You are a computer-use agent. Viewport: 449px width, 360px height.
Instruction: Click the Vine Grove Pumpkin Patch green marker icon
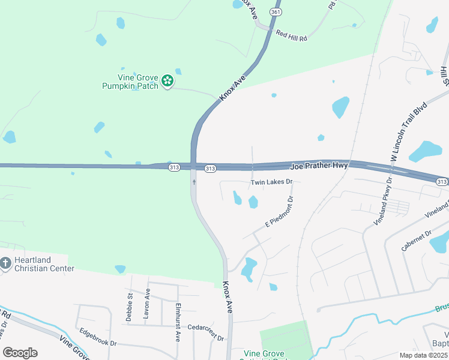tap(168, 82)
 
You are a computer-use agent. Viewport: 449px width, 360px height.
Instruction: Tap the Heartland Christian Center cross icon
tap(5, 263)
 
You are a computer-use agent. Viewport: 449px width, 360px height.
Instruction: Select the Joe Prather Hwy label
tap(319, 165)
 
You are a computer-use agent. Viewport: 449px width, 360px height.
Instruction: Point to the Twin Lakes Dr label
tap(271, 181)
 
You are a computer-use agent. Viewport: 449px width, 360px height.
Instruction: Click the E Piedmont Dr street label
tap(280, 212)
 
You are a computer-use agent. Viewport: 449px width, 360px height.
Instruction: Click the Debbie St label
tap(130, 307)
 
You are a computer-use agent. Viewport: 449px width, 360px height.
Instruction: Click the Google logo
tap(19, 352)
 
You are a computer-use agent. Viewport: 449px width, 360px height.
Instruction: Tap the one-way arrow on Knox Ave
tap(194, 181)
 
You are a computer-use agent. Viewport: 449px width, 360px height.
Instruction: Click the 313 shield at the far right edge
tap(442, 181)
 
